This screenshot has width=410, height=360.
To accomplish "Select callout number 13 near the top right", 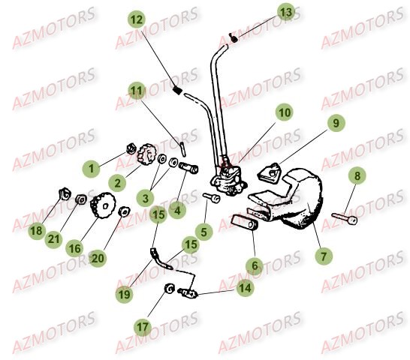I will (285, 12).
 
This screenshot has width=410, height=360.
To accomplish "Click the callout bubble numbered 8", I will (357, 176).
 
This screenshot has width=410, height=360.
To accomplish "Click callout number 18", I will (35, 231).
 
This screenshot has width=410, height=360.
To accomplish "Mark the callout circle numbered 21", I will (53, 239).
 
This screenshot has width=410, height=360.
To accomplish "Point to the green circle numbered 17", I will (143, 326).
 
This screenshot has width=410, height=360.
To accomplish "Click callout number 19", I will (125, 295).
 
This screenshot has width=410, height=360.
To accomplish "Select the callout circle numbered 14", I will (245, 286).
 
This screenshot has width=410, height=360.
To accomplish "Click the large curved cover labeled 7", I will (300, 202).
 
